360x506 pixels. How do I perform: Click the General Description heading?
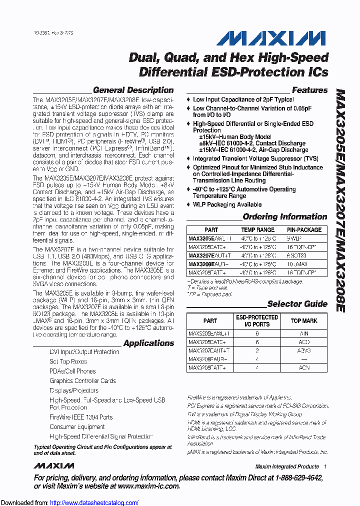click(x=133, y=90)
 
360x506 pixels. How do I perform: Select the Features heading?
click(x=309, y=90)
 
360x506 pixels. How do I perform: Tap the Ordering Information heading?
click(x=284, y=217)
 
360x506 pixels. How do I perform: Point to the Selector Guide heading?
click(x=297, y=304)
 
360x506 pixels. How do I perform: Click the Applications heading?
click(x=148, y=343)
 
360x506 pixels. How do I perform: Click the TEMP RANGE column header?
click(x=258, y=230)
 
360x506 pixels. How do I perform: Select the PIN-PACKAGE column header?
click(x=304, y=230)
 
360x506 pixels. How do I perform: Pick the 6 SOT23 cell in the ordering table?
click(x=304, y=255)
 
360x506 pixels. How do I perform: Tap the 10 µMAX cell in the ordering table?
click(x=304, y=263)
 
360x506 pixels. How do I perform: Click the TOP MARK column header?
click(x=304, y=320)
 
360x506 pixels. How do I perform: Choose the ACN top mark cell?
click(x=304, y=367)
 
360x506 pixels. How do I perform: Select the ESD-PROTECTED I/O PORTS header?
click(x=257, y=320)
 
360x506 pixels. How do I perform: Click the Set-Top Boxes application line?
click(x=68, y=361)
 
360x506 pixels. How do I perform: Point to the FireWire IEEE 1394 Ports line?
click(x=81, y=417)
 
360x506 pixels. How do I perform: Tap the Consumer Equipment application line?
click(x=77, y=427)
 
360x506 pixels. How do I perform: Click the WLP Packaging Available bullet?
click(x=227, y=204)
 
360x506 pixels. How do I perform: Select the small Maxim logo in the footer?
click(x=54, y=466)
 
